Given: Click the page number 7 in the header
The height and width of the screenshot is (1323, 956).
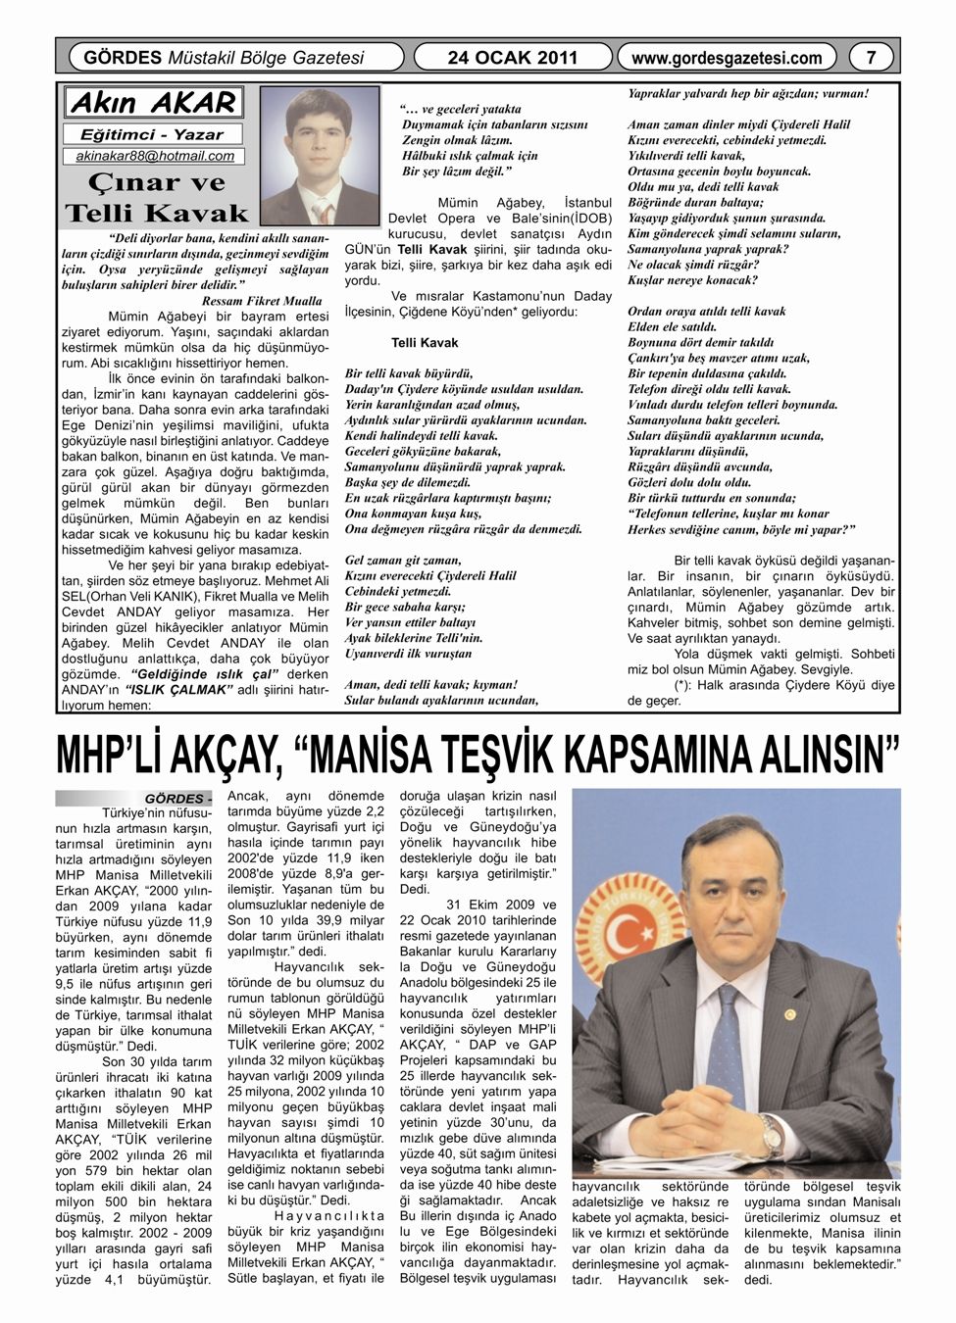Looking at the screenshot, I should (x=872, y=58).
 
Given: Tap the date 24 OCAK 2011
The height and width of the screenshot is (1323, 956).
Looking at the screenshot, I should (x=513, y=58).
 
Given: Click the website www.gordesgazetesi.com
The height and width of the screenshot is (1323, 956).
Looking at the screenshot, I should (x=727, y=58).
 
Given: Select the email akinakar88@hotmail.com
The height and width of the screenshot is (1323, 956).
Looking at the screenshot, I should (x=155, y=156).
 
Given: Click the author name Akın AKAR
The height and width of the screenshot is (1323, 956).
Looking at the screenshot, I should (x=154, y=103).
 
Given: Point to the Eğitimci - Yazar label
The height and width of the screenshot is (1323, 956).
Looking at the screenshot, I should (x=151, y=134).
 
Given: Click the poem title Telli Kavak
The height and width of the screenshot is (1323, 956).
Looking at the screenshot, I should (x=424, y=343).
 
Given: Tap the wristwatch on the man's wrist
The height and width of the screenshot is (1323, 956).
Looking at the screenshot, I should (x=772, y=1134).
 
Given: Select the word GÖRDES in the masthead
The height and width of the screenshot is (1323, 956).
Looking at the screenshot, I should (x=124, y=58).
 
